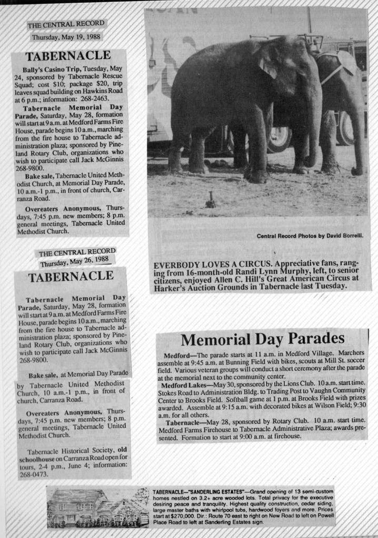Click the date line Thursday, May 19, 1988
(67, 37)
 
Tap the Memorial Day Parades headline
(262, 339)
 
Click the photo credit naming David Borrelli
(310, 235)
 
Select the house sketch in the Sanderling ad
(97, 509)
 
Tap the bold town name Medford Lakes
(184, 385)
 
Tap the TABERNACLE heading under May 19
(68, 56)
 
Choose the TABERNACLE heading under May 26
(71, 276)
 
